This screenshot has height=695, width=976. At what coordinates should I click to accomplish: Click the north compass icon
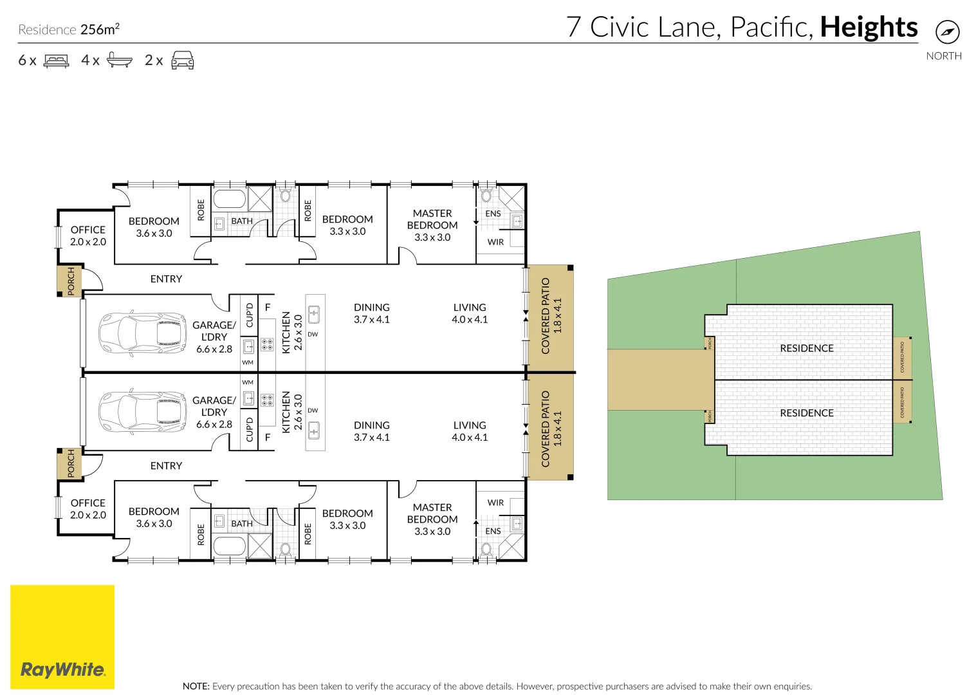pos(947,32)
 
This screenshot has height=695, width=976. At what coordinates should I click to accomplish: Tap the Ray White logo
pos(62,669)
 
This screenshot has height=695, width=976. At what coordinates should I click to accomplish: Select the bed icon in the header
pos(57,60)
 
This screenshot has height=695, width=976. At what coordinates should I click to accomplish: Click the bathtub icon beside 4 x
pos(119,60)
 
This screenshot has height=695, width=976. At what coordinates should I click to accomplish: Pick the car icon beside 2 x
pos(183,60)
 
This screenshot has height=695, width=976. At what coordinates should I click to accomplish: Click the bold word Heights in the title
pos(869,28)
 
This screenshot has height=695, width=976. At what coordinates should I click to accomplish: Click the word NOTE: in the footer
pos(196,686)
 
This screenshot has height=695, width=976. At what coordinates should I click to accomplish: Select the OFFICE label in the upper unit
pos(88,230)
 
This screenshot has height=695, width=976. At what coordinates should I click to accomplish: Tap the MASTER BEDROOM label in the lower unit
pos(432,514)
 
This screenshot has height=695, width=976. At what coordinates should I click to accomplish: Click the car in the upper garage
pos(143,333)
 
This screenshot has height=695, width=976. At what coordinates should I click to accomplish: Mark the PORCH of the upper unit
pos(70,281)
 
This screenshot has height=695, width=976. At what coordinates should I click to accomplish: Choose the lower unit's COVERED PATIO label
pos(546,429)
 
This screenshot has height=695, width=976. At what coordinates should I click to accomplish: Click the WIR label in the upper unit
pos(495,242)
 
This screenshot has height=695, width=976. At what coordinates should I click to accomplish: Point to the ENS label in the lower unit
pos(493,531)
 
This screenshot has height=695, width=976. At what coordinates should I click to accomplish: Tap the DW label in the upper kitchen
pos(313,335)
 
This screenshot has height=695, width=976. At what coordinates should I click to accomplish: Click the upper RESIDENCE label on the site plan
pos(806,348)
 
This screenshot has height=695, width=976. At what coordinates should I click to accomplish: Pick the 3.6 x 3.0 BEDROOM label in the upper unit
pos(154,227)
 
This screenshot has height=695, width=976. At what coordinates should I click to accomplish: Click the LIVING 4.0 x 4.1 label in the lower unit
pos(470,431)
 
